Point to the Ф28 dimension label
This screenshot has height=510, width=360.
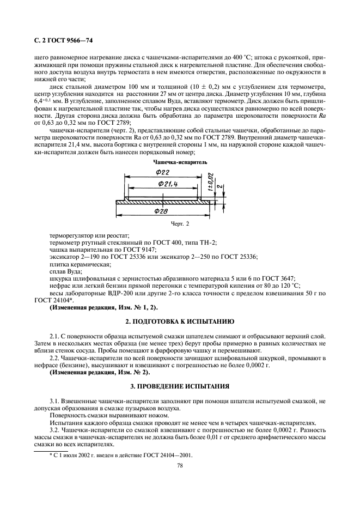point(161,210)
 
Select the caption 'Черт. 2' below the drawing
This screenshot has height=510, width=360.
point(179,223)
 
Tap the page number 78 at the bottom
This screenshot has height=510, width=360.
point(179,466)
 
